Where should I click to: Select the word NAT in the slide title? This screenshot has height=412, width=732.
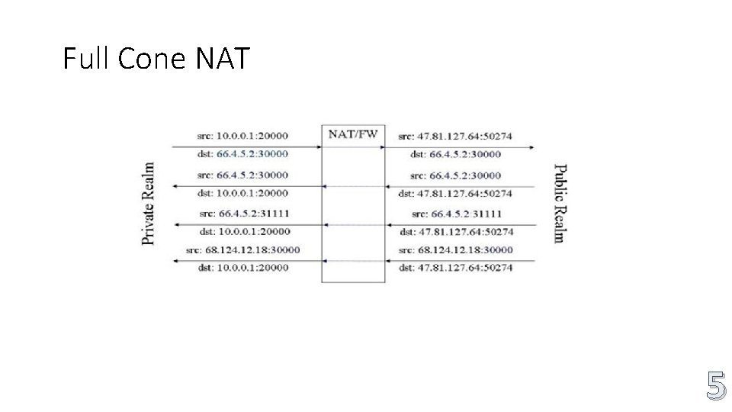(223, 58)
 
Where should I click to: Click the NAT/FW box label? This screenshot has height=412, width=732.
(352, 134)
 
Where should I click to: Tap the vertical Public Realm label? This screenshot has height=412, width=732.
(559, 203)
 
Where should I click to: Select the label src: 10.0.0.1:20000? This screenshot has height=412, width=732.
(242, 136)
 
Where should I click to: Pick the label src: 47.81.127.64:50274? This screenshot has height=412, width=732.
(455, 136)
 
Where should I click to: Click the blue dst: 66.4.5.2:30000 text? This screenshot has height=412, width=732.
(242, 154)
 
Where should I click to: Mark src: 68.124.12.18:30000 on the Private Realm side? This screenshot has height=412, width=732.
(242, 249)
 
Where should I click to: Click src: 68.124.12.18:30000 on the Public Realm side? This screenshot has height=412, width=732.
(455, 249)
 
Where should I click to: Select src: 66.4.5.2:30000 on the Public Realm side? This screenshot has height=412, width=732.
(455, 175)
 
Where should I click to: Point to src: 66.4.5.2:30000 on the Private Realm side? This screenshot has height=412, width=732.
(242, 175)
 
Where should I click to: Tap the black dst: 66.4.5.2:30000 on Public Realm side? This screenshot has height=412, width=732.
(455, 154)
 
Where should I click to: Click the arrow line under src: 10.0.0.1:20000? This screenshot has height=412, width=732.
(244, 146)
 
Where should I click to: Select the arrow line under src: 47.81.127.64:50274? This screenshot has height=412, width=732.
(457, 146)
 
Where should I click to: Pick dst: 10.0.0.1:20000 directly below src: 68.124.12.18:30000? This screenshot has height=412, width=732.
(242, 268)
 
